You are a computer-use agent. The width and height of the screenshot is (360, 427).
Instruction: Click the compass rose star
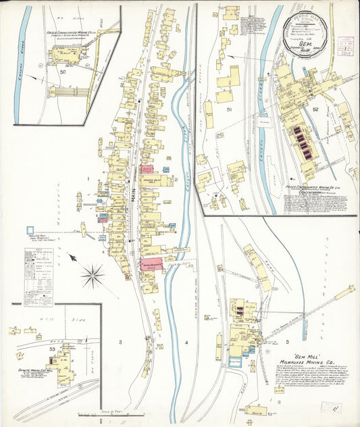click(x=93, y=274)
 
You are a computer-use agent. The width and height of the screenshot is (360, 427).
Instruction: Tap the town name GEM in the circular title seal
click(x=309, y=40)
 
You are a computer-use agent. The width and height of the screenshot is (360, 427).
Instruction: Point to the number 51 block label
click(x=229, y=109)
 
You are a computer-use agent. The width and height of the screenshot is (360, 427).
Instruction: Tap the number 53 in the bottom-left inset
click(x=45, y=349)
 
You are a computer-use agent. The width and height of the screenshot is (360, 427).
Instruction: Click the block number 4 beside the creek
click(x=185, y=343)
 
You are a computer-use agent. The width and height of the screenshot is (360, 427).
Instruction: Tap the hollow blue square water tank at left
click(x=30, y=230)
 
